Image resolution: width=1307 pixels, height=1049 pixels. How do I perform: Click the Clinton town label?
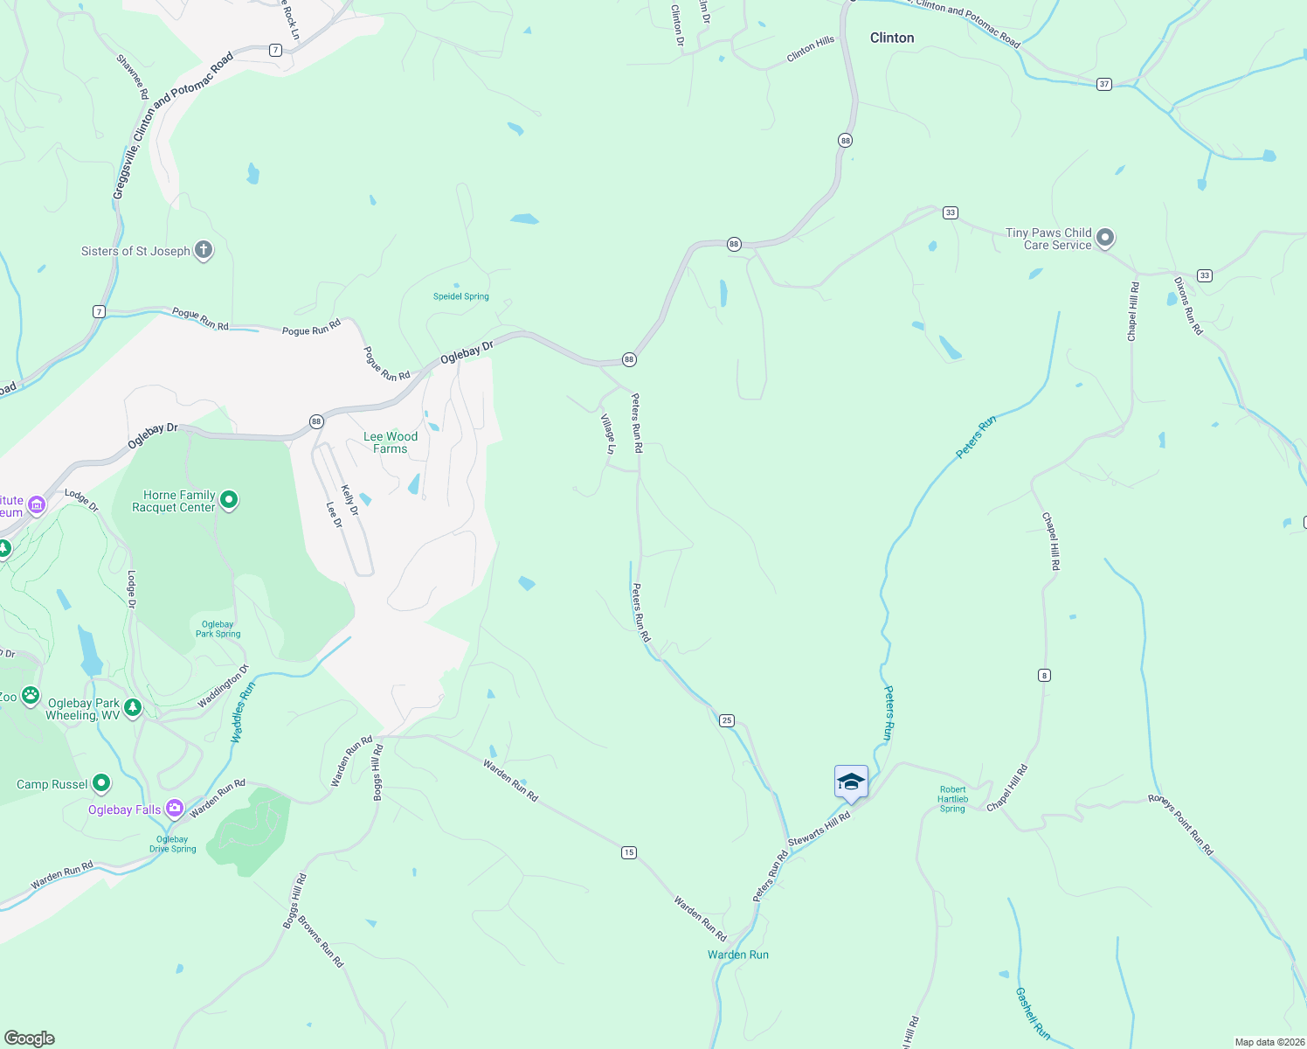click(892, 38)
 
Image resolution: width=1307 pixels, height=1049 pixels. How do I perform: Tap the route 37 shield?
click(1104, 84)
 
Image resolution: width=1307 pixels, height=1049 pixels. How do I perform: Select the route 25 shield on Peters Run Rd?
click(727, 720)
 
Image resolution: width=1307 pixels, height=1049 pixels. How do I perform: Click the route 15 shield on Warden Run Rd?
click(629, 852)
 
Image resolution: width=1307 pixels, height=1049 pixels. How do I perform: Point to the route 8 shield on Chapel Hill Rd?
click(1044, 675)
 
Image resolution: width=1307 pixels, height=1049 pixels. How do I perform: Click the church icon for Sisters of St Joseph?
click(203, 251)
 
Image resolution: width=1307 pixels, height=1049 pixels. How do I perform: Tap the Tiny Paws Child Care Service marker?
click(1105, 238)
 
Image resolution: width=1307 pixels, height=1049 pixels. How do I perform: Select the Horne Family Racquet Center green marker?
click(229, 500)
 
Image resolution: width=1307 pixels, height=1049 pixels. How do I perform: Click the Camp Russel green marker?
click(101, 783)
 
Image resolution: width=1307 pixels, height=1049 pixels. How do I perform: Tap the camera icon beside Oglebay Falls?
click(175, 809)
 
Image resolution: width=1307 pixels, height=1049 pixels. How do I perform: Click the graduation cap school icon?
click(851, 782)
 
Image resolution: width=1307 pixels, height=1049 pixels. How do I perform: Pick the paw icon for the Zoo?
click(31, 696)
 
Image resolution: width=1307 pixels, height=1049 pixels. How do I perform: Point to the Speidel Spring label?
click(460, 296)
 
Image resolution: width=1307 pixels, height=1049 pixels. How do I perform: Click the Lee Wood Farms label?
click(391, 442)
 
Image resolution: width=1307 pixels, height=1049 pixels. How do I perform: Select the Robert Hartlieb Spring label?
click(952, 799)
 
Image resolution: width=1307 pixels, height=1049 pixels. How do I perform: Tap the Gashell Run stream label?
click(1032, 1013)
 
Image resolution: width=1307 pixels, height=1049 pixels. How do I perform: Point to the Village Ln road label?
click(608, 434)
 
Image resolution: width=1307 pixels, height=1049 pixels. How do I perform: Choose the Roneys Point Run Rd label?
click(1180, 824)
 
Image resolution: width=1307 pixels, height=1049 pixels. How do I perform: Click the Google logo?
click(30, 1038)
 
